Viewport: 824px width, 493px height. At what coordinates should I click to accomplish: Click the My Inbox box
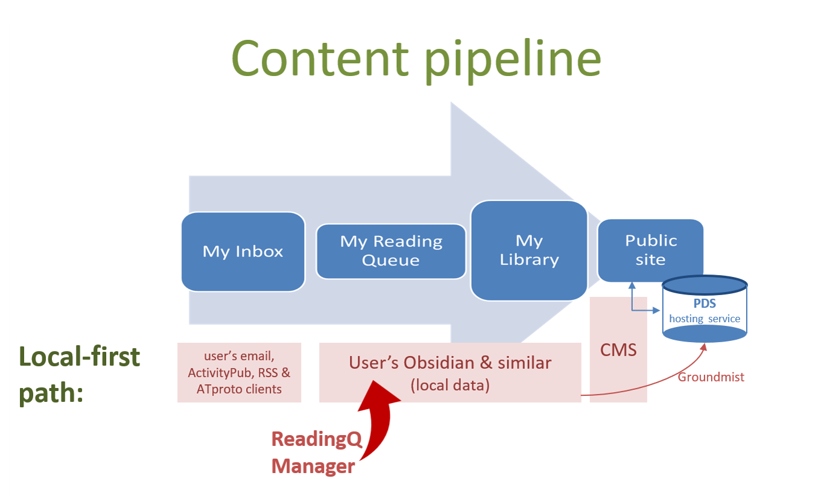point(243,252)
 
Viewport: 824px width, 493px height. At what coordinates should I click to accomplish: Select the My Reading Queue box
point(391,251)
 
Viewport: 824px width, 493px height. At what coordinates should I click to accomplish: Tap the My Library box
point(529,250)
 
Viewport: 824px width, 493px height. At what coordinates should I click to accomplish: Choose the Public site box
point(651,250)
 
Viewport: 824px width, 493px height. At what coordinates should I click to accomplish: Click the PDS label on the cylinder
point(705,304)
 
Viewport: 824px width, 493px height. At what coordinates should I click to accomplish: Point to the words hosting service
point(705,319)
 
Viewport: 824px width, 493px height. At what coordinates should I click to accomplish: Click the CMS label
point(618,350)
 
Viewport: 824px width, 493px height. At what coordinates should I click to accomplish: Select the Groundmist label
point(711,377)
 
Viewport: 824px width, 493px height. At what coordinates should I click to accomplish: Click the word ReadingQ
point(317,439)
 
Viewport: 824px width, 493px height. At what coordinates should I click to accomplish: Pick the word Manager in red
point(313,466)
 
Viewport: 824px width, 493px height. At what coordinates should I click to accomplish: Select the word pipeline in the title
point(513,61)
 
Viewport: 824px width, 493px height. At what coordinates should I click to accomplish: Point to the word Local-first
point(80,357)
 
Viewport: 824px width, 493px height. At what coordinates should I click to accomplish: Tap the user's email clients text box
point(239,373)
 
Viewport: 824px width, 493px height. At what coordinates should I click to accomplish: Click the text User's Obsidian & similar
point(450,363)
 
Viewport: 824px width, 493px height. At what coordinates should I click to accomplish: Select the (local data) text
point(450,386)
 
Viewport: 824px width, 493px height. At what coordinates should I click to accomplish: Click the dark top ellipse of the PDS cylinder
point(705,285)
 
